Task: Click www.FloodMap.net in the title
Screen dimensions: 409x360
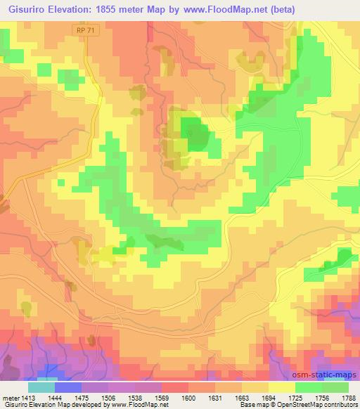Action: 225,8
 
